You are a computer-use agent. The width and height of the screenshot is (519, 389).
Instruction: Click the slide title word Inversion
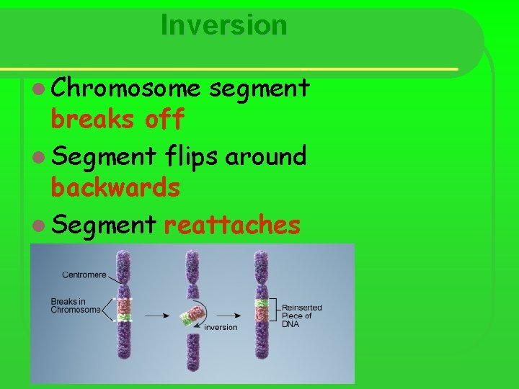[224, 25]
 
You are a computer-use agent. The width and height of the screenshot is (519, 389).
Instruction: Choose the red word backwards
[115, 188]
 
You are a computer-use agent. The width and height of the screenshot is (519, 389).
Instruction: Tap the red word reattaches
[231, 225]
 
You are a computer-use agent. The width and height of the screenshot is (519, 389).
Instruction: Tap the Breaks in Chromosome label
[76, 305]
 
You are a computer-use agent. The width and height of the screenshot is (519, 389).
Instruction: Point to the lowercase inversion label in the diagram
[221, 327]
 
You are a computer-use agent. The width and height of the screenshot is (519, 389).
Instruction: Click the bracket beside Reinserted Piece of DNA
[273, 311]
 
